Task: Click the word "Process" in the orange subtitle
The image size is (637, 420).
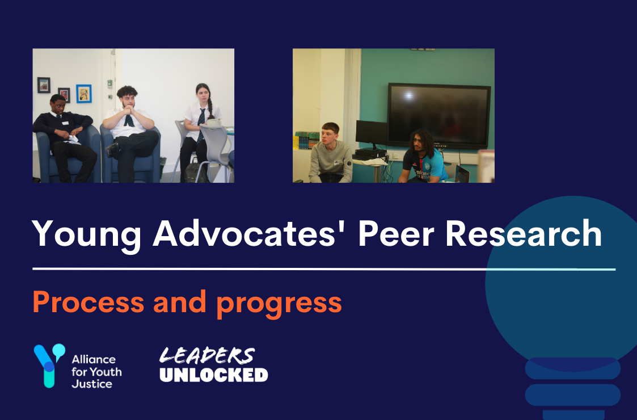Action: [x=88, y=302]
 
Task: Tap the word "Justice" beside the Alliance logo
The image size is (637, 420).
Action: [x=92, y=384]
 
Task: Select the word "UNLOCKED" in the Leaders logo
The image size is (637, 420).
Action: [x=214, y=375]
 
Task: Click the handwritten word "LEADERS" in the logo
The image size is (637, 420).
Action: [x=207, y=355]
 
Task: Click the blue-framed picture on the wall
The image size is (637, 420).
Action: [x=84, y=93]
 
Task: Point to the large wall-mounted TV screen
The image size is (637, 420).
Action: [x=439, y=116]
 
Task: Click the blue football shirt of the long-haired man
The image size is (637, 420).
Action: [x=425, y=165]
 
